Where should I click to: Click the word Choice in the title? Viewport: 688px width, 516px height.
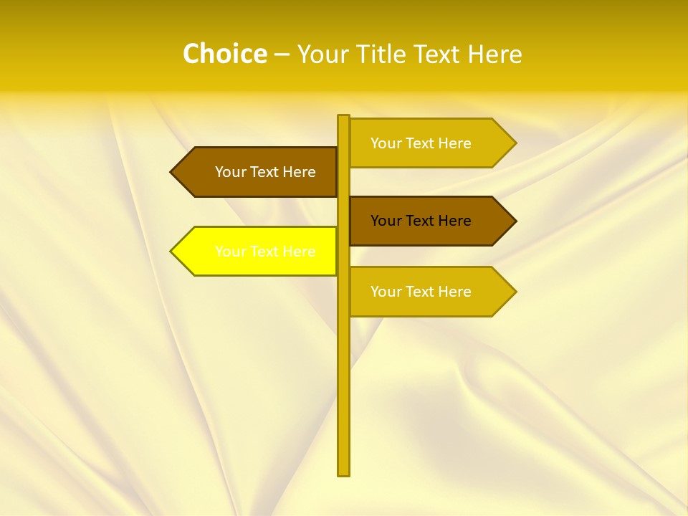click(224, 54)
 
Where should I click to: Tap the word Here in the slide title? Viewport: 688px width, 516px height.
click(494, 54)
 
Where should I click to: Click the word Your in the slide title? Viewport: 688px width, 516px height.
click(324, 54)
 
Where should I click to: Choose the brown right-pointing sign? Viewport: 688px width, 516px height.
click(426, 221)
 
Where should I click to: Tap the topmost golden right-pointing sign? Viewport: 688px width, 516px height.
click(426, 143)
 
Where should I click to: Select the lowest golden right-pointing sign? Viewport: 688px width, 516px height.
click(426, 292)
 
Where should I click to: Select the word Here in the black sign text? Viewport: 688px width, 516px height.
click(453, 221)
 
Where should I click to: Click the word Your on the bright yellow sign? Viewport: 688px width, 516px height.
click(230, 252)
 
